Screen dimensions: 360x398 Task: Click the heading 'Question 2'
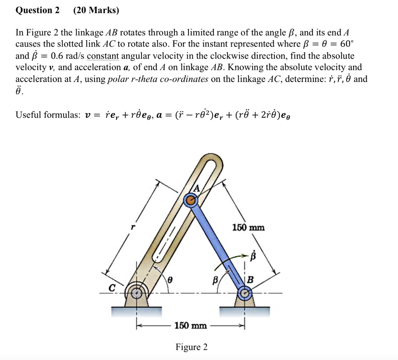(x=37, y=10)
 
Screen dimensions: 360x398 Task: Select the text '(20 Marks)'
(x=96, y=10)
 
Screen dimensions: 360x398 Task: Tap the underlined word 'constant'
(x=103, y=56)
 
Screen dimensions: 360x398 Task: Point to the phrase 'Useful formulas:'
(x=48, y=115)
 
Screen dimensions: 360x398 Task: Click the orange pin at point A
(x=190, y=200)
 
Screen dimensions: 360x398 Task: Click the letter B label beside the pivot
(x=250, y=280)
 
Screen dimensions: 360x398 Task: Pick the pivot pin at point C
(x=136, y=293)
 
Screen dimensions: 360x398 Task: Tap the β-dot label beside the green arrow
(x=253, y=256)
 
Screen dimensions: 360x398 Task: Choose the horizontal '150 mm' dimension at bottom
(x=190, y=325)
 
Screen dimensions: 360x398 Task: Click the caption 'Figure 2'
(x=191, y=347)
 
